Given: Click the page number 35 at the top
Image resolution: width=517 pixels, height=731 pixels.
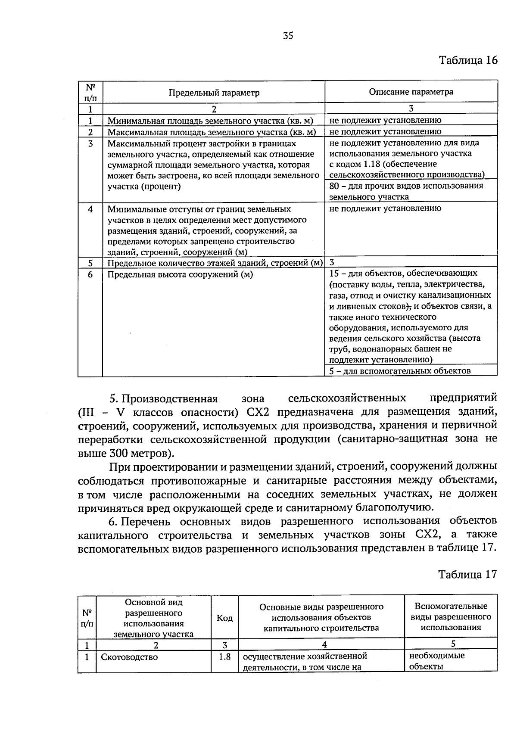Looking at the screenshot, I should [x=288, y=36].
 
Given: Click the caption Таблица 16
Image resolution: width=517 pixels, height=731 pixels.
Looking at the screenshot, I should [x=468, y=60].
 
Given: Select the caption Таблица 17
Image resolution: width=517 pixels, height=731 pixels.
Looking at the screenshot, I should [x=467, y=574].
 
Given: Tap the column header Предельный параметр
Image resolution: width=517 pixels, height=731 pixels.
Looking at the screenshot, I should [x=214, y=93].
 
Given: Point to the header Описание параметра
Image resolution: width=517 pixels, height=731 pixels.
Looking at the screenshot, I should [x=411, y=92].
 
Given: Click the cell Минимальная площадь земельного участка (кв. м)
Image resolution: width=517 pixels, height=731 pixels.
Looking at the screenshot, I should [x=210, y=121].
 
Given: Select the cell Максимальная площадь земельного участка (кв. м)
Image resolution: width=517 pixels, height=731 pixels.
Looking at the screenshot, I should [x=212, y=132].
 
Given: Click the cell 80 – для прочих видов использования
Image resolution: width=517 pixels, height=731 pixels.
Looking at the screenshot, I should [x=406, y=186].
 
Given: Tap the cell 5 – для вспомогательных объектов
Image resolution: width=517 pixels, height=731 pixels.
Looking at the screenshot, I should [x=400, y=370].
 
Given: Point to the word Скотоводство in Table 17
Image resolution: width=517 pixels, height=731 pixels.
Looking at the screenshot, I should [x=129, y=657].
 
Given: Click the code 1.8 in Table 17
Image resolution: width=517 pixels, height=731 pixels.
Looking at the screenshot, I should [x=224, y=657].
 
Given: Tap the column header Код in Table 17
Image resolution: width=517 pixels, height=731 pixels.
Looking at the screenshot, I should [x=224, y=619].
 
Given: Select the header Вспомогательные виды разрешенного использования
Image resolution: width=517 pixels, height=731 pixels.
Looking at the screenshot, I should [x=451, y=617].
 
